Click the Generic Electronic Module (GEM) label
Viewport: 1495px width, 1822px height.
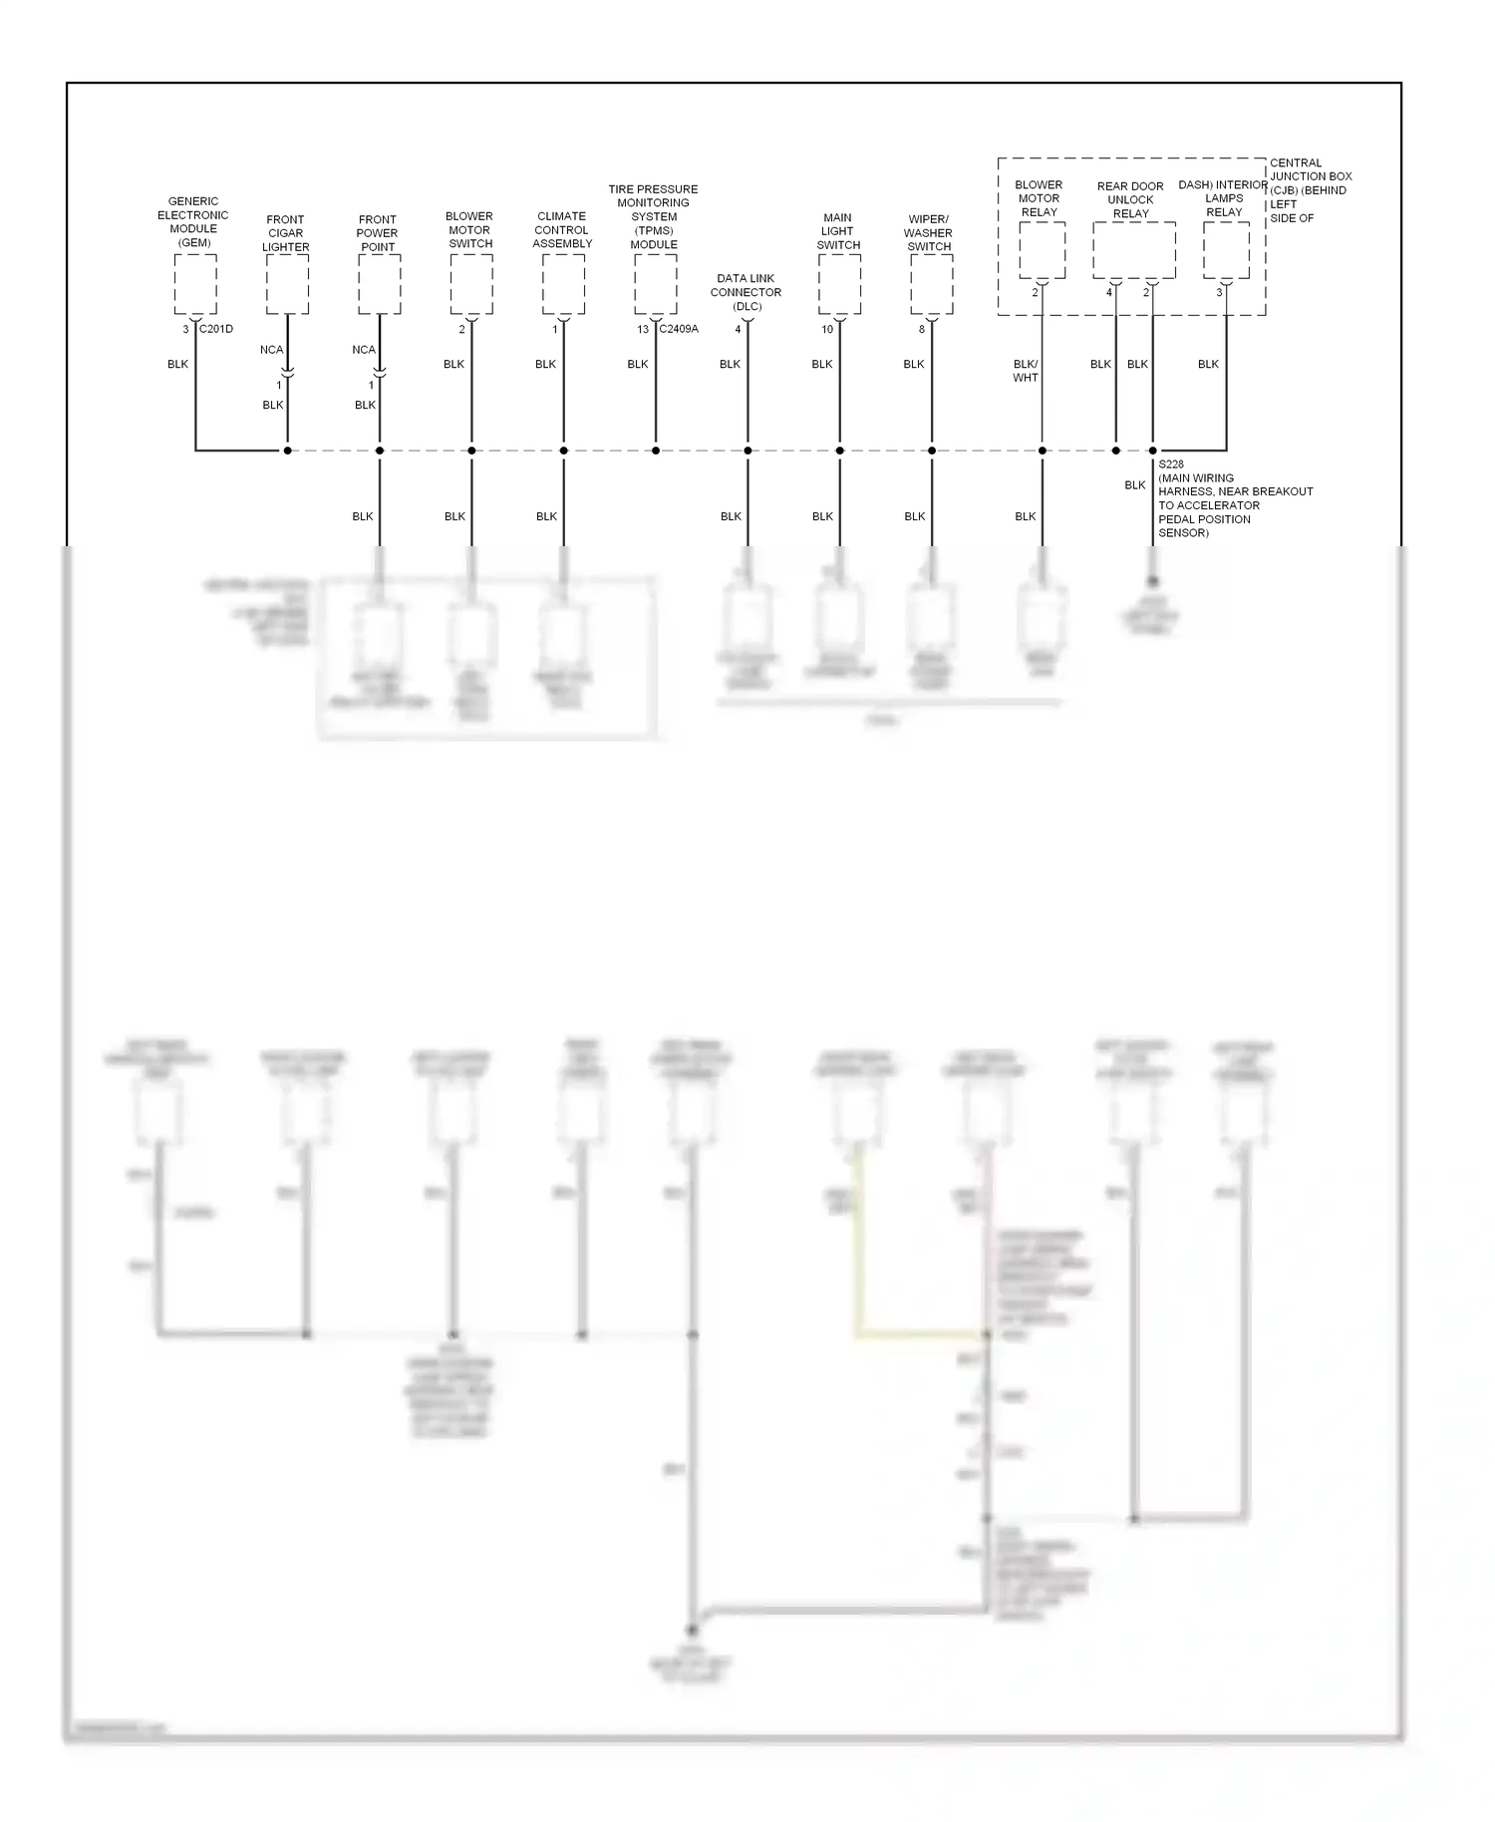tap(193, 222)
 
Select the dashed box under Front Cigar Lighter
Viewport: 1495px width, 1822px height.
tap(287, 284)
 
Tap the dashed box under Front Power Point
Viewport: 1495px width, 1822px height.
tap(380, 284)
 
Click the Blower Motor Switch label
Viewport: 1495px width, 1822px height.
tap(469, 230)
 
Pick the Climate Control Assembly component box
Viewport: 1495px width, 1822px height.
tap(563, 284)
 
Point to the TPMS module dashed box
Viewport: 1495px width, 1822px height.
tap(656, 284)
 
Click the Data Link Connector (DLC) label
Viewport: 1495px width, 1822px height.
tap(746, 293)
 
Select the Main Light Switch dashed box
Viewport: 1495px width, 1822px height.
tap(839, 284)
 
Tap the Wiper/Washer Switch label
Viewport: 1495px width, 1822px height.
tap(929, 233)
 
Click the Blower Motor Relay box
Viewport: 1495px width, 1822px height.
tap(1043, 250)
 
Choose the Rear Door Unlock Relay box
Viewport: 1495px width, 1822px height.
tap(1134, 250)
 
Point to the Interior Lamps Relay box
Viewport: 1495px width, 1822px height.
tap(1226, 250)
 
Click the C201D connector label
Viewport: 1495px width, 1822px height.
tap(216, 329)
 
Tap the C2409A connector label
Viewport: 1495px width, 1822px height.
tap(679, 329)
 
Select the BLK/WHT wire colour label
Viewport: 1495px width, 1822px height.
tap(1026, 371)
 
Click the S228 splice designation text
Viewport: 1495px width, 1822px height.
tap(1171, 464)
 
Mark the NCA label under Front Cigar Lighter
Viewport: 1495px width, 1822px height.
tap(271, 350)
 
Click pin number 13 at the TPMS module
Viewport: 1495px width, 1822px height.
tap(643, 330)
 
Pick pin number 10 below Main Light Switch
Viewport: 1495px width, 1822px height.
tap(827, 330)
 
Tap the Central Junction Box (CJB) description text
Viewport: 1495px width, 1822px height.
tap(1310, 190)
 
